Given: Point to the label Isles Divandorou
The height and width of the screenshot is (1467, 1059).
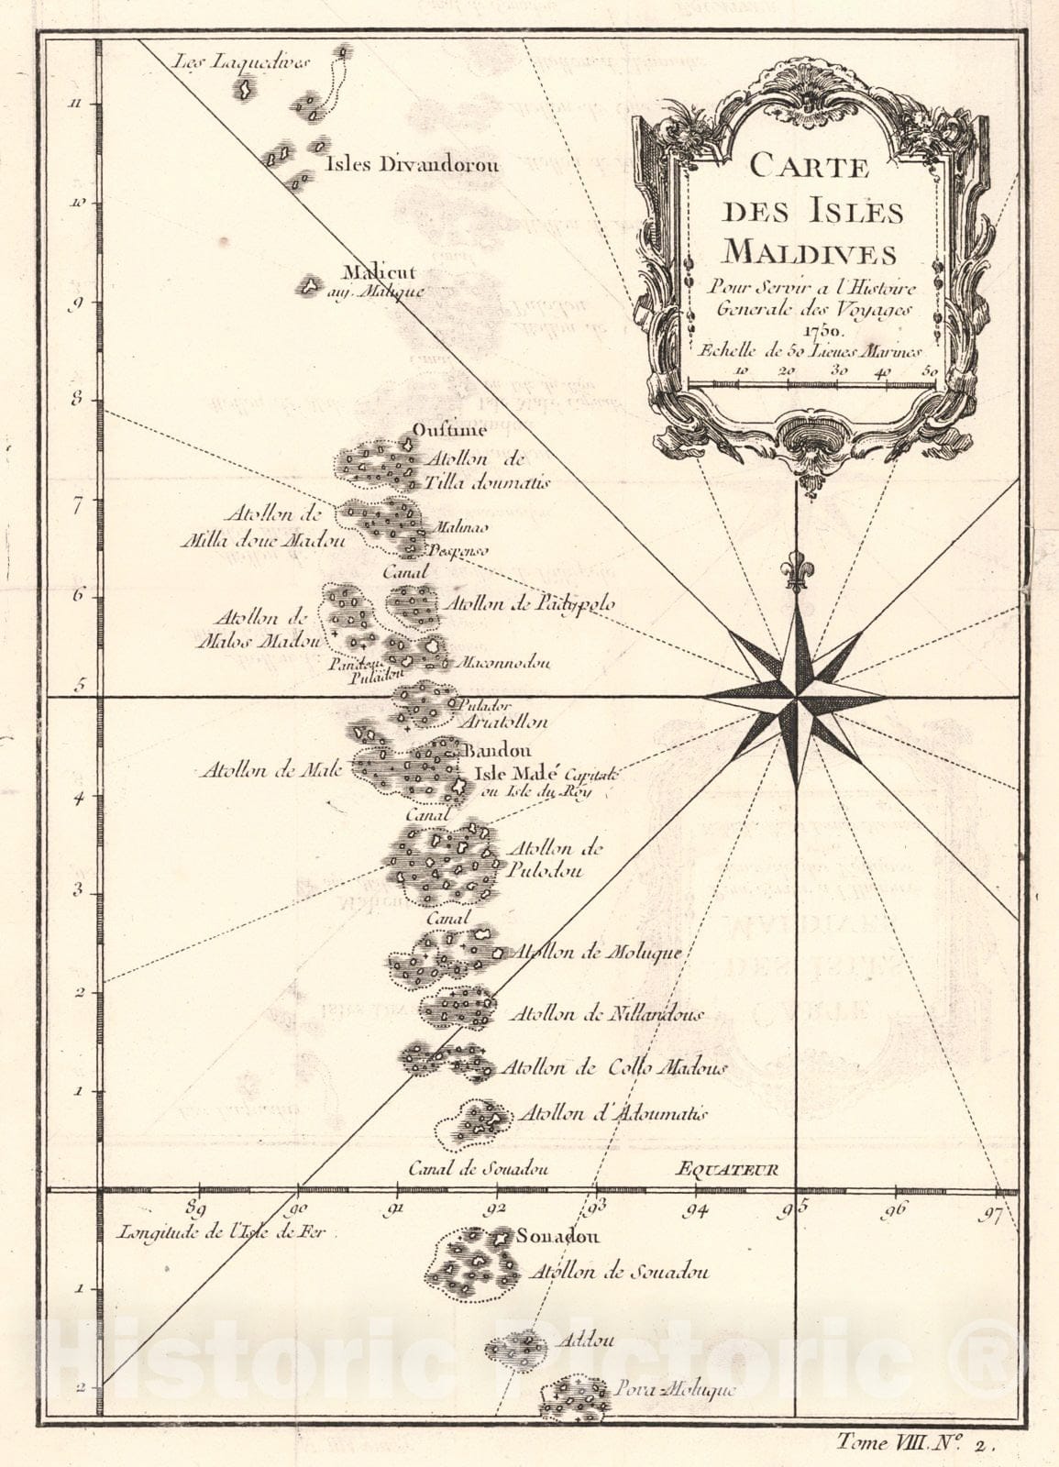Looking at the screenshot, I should coord(412,165).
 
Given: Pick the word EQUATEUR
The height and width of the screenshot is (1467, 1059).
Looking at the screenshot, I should coord(727,1169).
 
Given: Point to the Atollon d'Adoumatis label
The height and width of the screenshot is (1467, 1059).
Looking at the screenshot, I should coord(612,1114).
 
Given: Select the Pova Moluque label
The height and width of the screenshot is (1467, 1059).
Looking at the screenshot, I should coord(676,1390).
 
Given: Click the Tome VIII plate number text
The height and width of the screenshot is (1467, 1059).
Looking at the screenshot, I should coord(915,1442).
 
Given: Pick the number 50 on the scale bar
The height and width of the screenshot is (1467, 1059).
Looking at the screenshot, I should coord(930,370).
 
